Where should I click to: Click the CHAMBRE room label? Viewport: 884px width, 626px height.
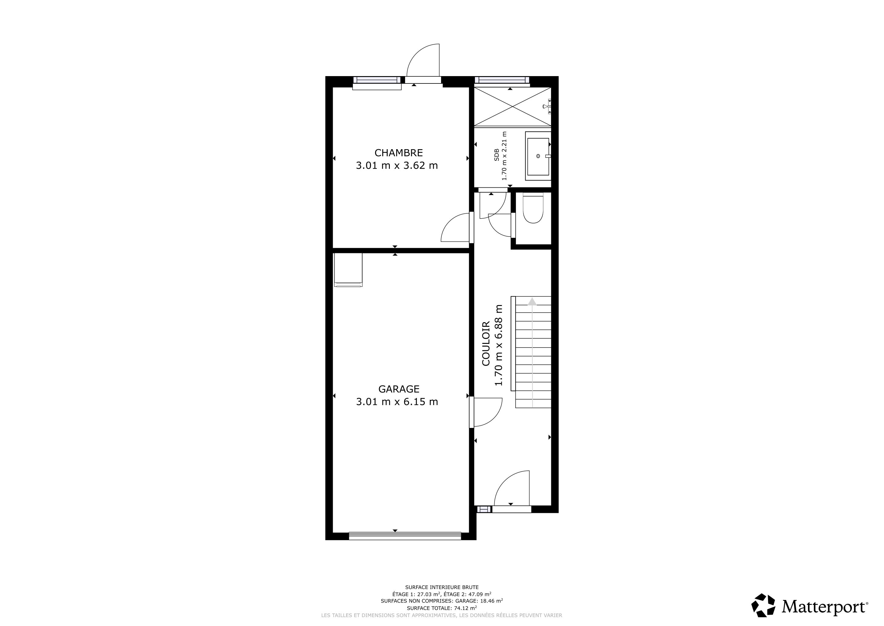[398, 153]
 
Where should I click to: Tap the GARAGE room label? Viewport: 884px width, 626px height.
[398, 389]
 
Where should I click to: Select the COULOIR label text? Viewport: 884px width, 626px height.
[486, 344]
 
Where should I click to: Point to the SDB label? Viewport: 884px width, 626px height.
[497, 155]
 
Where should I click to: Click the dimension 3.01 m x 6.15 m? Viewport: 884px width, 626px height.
[397, 402]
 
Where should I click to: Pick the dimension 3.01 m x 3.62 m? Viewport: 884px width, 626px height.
[397, 165]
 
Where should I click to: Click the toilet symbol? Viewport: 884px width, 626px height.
[533, 209]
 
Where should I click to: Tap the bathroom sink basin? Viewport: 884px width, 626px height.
[538, 156]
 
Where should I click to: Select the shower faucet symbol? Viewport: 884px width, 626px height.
[547, 106]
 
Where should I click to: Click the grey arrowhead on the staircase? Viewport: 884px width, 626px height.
[532, 301]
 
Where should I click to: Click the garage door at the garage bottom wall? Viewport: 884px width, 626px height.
[405, 536]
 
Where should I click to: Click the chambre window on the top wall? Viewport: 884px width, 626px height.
[377, 80]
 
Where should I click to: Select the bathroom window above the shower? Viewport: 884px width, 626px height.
[502, 80]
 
